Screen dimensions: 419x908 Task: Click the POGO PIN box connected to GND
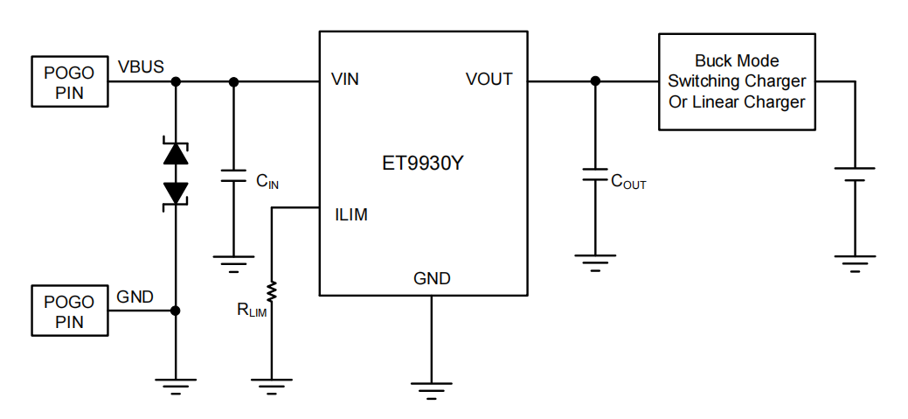69,311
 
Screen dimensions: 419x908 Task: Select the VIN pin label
345,80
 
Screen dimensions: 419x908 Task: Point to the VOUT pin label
489,80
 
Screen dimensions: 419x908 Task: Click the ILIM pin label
350,215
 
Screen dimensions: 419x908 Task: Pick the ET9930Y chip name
423,164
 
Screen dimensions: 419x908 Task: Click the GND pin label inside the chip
432,279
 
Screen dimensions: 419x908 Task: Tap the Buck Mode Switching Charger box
737,81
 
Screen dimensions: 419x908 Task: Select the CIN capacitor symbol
233,174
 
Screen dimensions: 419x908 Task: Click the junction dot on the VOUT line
595,81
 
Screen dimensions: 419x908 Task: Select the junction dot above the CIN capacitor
233,81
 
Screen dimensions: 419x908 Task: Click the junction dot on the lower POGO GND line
176,311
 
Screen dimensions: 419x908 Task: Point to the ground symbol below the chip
432,385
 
